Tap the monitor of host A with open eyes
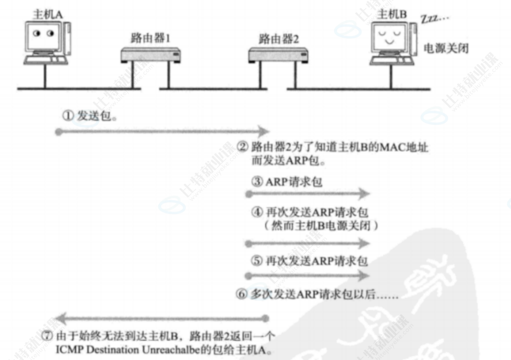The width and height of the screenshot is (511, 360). pos(43,35)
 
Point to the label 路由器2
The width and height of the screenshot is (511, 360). pos(279,39)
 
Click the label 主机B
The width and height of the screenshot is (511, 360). pos(392,14)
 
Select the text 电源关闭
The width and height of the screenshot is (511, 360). pos(446,49)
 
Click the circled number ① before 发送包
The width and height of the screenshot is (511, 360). pos(67,117)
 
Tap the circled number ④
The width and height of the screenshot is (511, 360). pos(258,212)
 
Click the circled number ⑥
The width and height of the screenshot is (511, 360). pos(242,295)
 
